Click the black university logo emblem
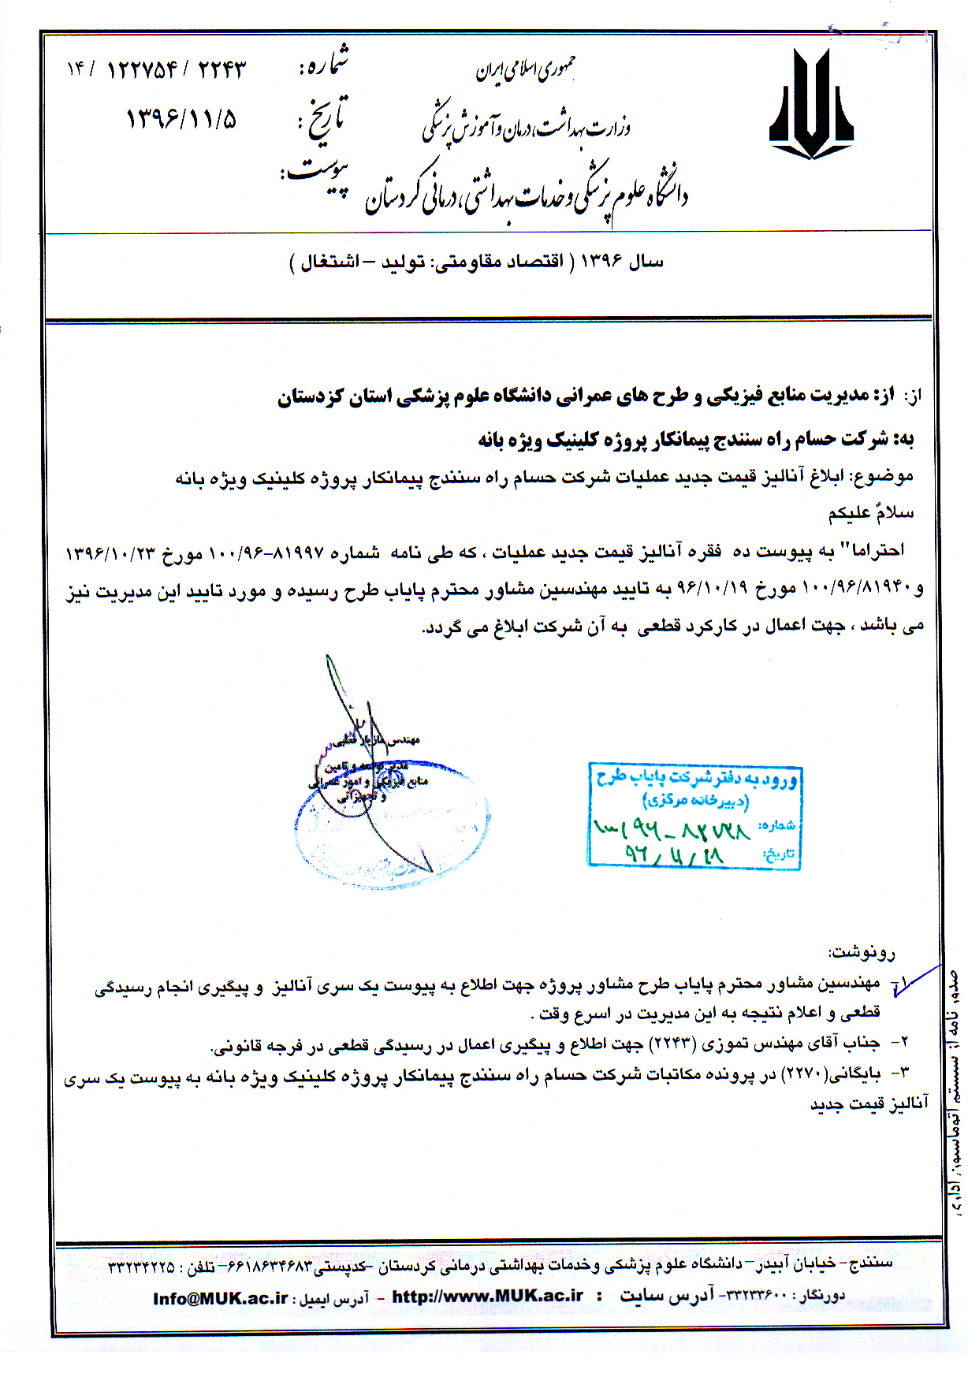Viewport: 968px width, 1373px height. point(811,104)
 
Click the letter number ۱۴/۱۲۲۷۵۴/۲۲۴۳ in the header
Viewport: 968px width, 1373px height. point(156,69)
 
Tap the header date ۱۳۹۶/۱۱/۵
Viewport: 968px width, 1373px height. point(181,119)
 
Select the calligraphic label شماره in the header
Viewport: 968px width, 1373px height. point(323,63)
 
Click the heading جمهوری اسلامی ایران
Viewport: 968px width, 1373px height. point(525,71)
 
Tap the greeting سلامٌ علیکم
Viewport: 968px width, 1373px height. point(870,513)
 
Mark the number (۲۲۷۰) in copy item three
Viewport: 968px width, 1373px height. point(802,1073)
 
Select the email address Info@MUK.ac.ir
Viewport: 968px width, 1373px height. point(220,1298)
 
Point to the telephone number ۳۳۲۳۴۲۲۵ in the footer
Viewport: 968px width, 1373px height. point(141,1267)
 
